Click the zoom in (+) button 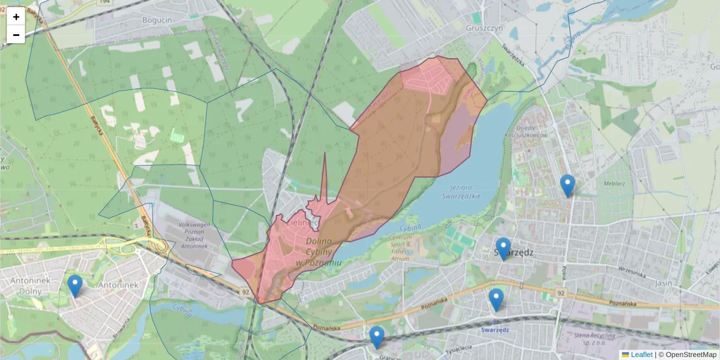(16, 17)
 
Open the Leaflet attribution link (641, 355)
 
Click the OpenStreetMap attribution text (690, 355)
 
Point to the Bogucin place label (157, 19)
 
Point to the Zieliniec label (302, 222)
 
